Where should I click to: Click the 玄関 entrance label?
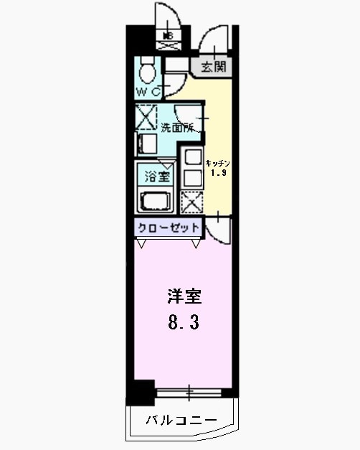(x=213, y=67)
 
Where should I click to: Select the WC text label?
(x=148, y=93)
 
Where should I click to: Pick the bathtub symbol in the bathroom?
(x=153, y=201)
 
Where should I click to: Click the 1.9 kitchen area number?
(x=217, y=173)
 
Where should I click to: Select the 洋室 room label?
(x=184, y=296)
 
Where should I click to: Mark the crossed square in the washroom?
(x=146, y=116)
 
